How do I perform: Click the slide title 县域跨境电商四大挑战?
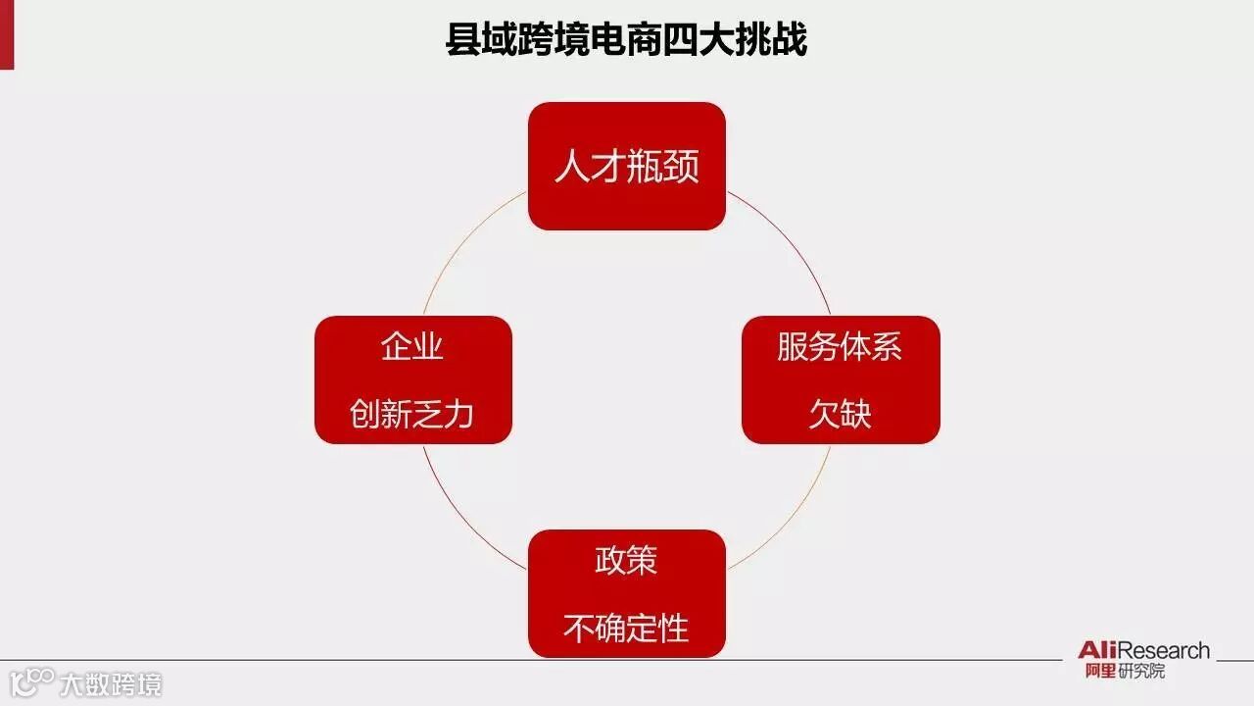pyautogui.click(x=626, y=40)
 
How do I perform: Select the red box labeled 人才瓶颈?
pyautogui.click(x=627, y=166)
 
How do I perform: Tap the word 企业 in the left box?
pyautogui.click(x=412, y=346)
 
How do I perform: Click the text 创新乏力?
pyautogui.click(x=412, y=413)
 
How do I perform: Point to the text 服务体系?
pyautogui.click(x=840, y=346)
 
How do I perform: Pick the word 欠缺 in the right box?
pyautogui.click(x=840, y=413)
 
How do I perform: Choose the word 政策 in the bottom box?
pyautogui.click(x=626, y=560)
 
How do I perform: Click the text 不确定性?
pyautogui.click(x=626, y=628)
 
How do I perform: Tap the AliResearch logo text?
pyautogui.click(x=1143, y=650)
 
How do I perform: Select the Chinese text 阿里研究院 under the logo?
pyautogui.click(x=1125, y=672)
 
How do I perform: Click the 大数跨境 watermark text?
pyautogui.click(x=111, y=683)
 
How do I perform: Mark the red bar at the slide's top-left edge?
pyautogui.click(x=6, y=34)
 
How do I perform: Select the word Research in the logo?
pyautogui.click(x=1163, y=650)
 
